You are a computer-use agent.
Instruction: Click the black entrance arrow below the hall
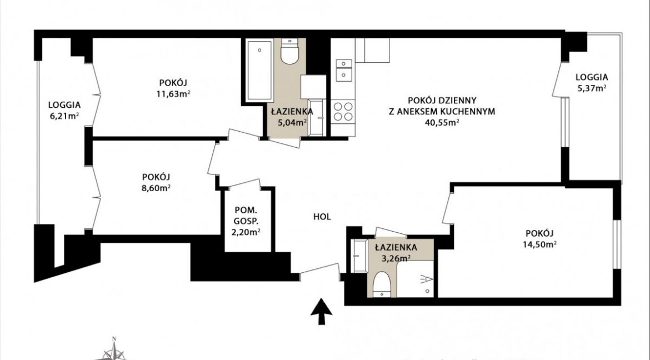pyautogui.click(x=321, y=311)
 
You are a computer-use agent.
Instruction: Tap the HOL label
pyautogui.click(x=322, y=217)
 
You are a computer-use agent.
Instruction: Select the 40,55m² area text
pyautogui.click(x=442, y=122)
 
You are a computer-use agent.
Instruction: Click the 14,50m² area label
pyautogui.click(x=539, y=244)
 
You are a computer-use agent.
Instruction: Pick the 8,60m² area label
pyautogui.click(x=156, y=187)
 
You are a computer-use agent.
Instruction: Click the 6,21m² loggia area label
pyautogui.click(x=64, y=116)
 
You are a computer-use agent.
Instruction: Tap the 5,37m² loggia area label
pyautogui.click(x=592, y=88)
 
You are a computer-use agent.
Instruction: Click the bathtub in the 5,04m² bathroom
pyautogui.click(x=259, y=70)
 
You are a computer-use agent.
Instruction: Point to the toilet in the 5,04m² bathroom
pyautogui.click(x=289, y=51)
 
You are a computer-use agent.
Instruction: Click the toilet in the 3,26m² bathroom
pyautogui.click(x=382, y=284)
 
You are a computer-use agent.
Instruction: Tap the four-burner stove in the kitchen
pyautogui.click(x=343, y=111)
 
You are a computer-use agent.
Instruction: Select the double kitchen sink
pyautogui.click(x=344, y=69)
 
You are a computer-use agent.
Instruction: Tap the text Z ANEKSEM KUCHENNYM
pyautogui.click(x=442, y=111)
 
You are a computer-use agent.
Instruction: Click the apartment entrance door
pyautogui.click(x=320, y=269)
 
